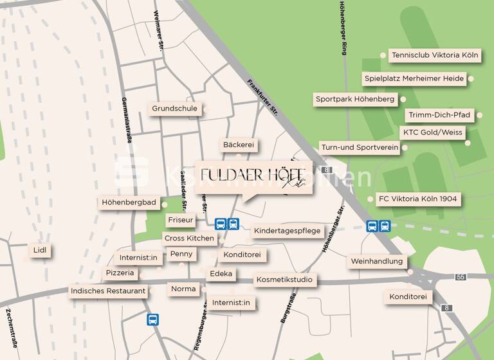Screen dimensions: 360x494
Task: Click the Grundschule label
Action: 175,109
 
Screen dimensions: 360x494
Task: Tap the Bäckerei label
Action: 239,145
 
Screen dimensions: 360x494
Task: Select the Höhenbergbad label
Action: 129,203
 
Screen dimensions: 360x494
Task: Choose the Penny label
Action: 181,254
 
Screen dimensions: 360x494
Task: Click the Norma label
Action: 183,289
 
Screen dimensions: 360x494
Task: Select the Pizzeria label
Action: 120,273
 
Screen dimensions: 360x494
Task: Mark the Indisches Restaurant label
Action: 108,291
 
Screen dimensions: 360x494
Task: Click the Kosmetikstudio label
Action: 284,280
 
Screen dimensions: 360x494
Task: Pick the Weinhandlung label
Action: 378,262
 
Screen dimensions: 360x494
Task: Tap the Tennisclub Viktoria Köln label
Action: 435,55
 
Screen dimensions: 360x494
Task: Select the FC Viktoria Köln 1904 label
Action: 418,199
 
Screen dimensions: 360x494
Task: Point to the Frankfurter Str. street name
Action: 262,98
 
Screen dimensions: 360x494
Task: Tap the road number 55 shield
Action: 460,276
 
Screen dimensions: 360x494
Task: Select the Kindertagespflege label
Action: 287,231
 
